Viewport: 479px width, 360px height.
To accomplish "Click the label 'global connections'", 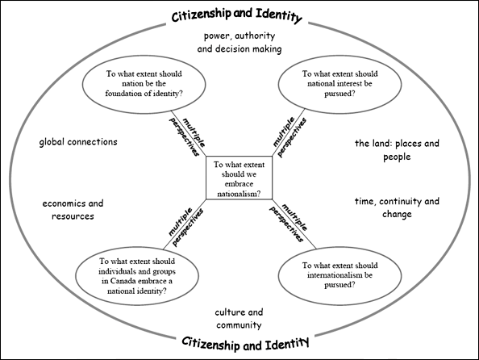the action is [x=78, y=142].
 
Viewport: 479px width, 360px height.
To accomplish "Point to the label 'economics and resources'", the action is [x=73, y=210].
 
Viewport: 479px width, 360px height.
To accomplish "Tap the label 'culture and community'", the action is [x=239, y=318].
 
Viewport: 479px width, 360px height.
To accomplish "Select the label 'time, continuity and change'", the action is [x=397, y=207].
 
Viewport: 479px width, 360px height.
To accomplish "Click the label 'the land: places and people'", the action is [x=397, y=150].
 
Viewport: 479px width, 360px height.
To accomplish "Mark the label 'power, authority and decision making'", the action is [x=240, y=42].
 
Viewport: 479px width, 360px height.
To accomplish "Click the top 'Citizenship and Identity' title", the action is [x=237, y=15].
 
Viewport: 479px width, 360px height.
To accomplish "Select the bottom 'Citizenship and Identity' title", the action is [x=245, y=343].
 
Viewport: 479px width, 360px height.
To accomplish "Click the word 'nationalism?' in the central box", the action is [x=239, y=194].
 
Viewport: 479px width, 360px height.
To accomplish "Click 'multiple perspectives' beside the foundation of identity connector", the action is [x=187, y=136].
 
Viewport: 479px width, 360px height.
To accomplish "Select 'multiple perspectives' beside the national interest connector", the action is [x=289, y=136].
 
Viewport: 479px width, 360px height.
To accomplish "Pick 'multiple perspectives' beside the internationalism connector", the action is [x=289, y=223].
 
